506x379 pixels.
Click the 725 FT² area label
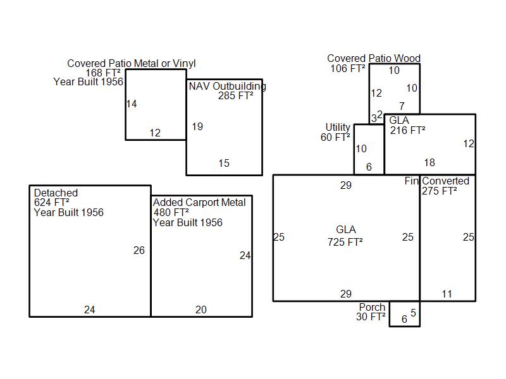(345, 242)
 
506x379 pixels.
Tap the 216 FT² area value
(407, 130)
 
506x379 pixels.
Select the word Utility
(338, 128)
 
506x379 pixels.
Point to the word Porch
(372, 307)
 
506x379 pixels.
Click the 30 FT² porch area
(371, 316)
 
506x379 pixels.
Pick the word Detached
(56, 193)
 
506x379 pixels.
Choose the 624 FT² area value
(52, 202)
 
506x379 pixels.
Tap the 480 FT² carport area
(171, 212)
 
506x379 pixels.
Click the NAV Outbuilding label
(228, 86)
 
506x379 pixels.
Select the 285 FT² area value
(235, 96)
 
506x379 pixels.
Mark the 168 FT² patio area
(103, 73)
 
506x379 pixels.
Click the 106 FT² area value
(348, 68)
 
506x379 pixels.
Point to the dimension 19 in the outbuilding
(197, 126)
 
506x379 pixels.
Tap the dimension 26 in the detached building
(139, 250)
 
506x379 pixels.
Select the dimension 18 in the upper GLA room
(429, 162)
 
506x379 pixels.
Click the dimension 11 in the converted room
(447, 294)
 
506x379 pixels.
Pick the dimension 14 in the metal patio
(132, 104)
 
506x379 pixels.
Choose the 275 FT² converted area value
(439, 191)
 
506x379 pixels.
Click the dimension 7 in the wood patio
(402, 106)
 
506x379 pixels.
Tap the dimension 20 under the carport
(201, 310)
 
